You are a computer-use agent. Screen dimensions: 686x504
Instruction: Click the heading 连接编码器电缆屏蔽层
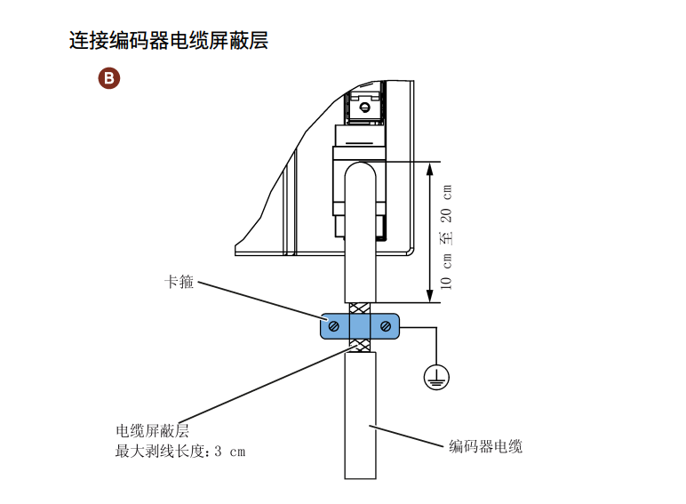(169, 40)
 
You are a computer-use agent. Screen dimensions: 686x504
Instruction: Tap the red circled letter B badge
(109, 78)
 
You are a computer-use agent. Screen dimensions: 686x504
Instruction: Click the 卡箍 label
(179, 282)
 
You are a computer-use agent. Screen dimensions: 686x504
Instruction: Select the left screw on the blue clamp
(334, 326)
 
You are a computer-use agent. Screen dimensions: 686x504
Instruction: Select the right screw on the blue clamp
(386, 326)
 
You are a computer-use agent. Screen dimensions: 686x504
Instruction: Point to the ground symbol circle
(436, 377)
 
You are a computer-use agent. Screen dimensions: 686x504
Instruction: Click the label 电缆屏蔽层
(152, 431)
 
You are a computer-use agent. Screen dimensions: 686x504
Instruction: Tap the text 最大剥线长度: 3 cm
(180, 451)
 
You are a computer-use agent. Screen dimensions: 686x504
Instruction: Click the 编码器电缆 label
(486, 446)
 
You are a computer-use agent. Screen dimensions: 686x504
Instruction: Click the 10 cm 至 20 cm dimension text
(446, 236)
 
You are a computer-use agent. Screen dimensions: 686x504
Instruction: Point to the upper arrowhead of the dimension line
(429, 169)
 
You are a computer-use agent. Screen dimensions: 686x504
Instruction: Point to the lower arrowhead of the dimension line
(429, 295)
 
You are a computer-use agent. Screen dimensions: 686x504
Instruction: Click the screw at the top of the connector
(364, 108)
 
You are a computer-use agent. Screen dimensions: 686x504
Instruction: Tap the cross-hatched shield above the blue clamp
(360, 308)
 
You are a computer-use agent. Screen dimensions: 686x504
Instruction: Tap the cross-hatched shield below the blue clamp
(360, 346)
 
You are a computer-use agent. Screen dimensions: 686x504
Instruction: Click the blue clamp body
(360, 326)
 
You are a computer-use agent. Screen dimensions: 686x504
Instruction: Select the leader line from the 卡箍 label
(261, 301)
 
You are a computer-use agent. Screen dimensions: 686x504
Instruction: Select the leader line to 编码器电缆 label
(406, 436)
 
